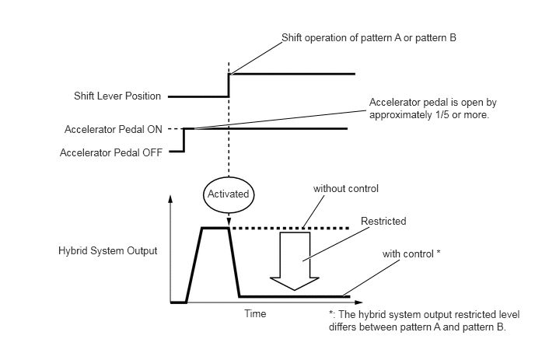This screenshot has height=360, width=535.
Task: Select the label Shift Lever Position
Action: (117, 96)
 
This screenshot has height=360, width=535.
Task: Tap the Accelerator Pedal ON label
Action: (114, 129)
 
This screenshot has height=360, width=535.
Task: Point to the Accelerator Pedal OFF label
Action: (111, 152)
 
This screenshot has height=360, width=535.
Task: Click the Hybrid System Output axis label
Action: (108, 251)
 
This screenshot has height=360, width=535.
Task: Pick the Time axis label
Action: (255, 313)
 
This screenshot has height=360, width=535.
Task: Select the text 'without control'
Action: (346, 189)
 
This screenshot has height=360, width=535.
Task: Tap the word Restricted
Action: (383, 221)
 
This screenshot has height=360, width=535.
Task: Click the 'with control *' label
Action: (411, 254)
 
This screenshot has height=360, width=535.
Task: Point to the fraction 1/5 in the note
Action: (442, 115)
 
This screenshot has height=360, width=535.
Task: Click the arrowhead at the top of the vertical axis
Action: (170, 198)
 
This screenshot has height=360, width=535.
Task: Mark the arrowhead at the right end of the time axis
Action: (358, 302)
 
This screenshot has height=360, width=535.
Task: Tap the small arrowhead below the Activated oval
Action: (229, 221)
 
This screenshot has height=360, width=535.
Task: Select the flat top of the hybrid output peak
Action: (215, 228)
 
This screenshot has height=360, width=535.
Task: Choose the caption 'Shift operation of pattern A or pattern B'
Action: (369, 37)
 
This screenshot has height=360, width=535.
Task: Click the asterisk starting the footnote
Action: (331, 313)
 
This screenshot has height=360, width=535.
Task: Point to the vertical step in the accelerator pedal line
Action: (184, 140)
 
